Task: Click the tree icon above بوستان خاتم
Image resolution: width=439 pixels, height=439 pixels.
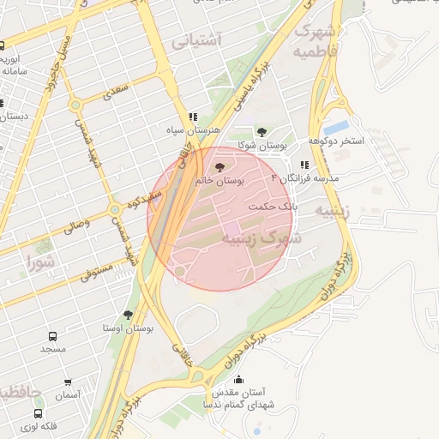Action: point(219,165)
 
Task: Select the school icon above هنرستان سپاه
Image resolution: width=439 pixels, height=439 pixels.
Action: point(194,117)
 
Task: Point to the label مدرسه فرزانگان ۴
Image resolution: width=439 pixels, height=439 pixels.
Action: point(305,178)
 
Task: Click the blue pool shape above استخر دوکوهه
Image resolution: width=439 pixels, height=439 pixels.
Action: point(336,128)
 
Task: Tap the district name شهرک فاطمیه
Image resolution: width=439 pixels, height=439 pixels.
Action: point(315,41)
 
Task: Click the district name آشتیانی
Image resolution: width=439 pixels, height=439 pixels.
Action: point(196,39)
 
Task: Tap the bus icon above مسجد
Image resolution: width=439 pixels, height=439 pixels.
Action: point(52,337)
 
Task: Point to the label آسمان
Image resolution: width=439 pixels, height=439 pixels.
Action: point(67,395)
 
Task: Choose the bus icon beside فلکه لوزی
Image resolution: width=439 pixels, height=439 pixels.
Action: point(39,413)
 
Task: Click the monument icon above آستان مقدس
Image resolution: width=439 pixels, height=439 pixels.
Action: point(238,379)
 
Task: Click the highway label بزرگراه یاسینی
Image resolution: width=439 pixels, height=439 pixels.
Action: point(256,84)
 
